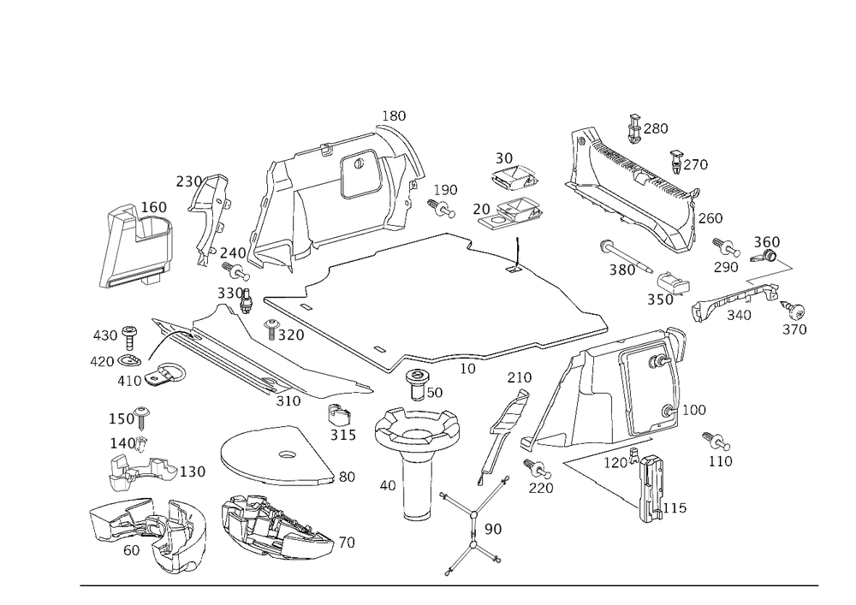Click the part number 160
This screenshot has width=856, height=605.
point(154,207)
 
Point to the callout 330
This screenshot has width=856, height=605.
point(229,293)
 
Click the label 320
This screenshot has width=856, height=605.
point(288,336)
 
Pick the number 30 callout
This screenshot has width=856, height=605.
point(503,159)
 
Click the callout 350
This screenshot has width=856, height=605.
point(659,300)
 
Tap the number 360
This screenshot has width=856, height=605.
point(765,242)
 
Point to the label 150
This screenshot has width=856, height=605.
point(125,419)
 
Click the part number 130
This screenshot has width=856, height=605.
point(194,472)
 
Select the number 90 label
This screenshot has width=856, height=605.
point(493,530)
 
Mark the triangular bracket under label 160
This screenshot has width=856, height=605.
point(137,248)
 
